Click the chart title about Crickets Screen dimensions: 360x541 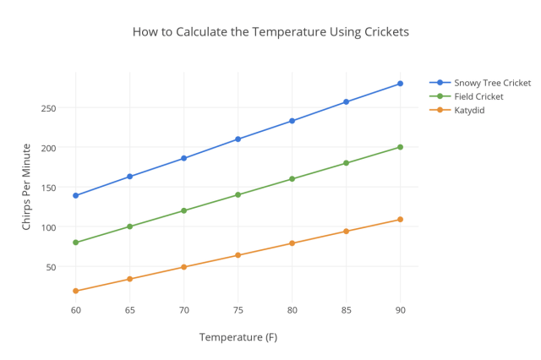point(270,32)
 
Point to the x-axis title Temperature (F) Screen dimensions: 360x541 point(238,337)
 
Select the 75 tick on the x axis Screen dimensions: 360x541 point(238,310)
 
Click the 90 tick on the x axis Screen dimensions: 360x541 point(400,310)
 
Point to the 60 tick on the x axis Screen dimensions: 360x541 point(76,310)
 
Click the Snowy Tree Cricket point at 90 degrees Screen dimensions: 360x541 point(400,84)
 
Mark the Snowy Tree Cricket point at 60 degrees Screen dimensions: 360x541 point(76,195)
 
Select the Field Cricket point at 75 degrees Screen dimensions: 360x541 point(238,194)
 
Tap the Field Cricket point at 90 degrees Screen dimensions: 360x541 point(400,147)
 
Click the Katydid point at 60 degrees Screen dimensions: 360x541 point(76,291)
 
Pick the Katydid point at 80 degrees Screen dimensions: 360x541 point(292,243)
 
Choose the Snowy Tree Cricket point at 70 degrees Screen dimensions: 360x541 point(184,158)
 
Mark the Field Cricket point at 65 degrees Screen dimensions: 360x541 point(130,226)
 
